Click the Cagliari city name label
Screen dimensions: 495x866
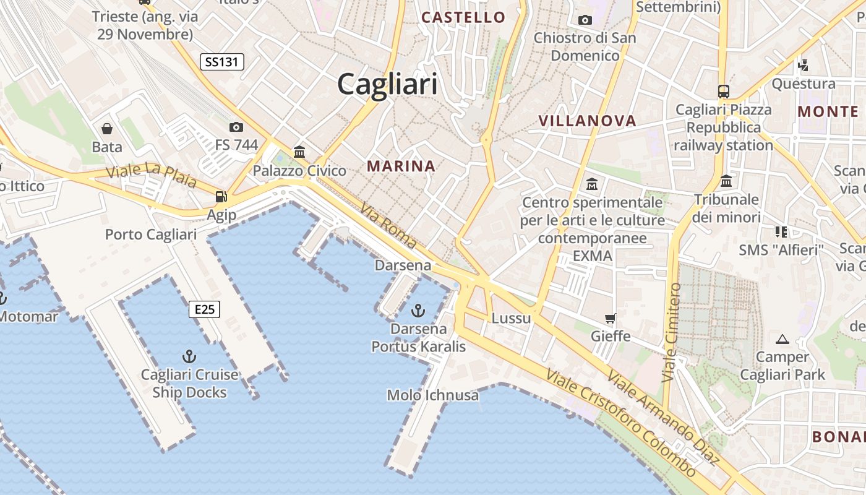[387, 84]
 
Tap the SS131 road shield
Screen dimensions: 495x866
[222, 62]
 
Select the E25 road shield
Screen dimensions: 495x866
[205, 309]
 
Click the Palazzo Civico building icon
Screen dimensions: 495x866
[299, 152]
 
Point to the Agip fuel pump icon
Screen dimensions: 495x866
[221, 197]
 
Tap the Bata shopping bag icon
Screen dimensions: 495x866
[107, 129]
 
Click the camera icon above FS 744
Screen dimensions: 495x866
[236, 127]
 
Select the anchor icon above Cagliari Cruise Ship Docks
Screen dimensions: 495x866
[189, 356]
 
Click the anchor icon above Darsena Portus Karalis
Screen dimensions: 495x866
[419, 309]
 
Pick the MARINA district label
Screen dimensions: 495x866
[401, 166]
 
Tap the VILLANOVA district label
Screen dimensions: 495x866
[587, 121]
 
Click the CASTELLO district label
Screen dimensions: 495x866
[463, 17]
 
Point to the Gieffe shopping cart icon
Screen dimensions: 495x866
[611, 319]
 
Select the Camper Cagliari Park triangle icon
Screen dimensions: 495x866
[782, 339]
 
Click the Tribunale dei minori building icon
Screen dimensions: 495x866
[726, 181]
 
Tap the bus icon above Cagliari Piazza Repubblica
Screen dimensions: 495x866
[724, 91]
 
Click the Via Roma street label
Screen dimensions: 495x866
[388, 226]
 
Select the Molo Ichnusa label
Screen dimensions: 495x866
[433, 395]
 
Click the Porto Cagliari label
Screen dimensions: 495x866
[151, 235]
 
